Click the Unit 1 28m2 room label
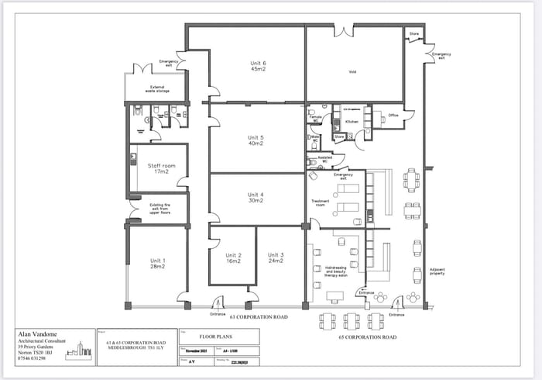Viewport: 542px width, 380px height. (x=158, y=264)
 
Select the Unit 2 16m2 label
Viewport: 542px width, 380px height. (x=234, y=259)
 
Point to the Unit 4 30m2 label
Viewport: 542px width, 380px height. (x=256, y=198)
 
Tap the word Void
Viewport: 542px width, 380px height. (x=352, y=72)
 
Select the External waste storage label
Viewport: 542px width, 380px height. (x=157, y=89)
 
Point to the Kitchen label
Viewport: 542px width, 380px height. (x=352, y=122)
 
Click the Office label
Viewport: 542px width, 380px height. (x=393, y=116)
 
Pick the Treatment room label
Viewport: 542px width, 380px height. (x=321, y=202)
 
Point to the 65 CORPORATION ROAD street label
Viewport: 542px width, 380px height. (x=368, y=337)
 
